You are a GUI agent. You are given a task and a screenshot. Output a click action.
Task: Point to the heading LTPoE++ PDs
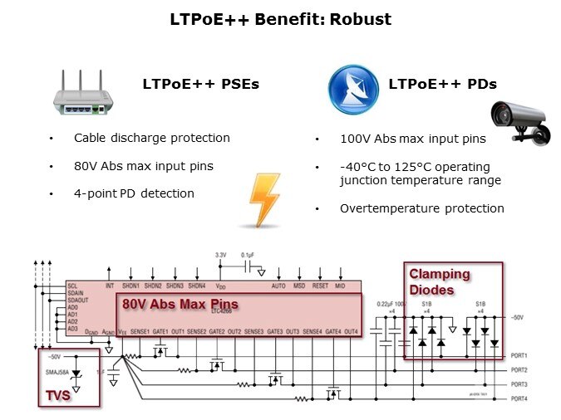tap(442, 84)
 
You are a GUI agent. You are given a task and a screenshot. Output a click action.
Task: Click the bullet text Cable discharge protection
tap(152, 138)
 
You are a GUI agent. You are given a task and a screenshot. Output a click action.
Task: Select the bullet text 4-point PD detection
tap(134, 193)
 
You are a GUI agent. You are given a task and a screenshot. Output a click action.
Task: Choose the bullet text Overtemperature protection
tap(421, 208)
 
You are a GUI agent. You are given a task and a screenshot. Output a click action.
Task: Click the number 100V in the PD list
tap(355, 140)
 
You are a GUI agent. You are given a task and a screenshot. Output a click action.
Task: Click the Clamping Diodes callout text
tap(439, 282)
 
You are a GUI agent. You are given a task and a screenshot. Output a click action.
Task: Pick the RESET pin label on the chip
tap(321, 286)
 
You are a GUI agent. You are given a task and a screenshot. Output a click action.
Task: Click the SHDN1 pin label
tap(131, 286)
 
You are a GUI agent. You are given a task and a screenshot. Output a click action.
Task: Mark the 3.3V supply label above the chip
tap(220, 255)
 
